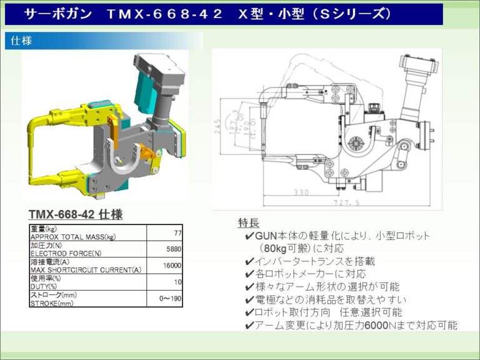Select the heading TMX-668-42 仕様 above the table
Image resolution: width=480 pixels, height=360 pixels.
pyautogui.click(x=76, y=214)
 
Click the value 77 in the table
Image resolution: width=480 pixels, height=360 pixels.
pyautogui.click(x=177, y=232)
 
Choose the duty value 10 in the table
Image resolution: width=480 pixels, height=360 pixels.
pyautogui.click(x=177, y=282)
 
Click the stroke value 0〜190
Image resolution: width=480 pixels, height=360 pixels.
pyautogui.click(x=170, y=298)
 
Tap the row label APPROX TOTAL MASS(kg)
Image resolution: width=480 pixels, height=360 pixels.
pyautogui.click(x=73, y=237)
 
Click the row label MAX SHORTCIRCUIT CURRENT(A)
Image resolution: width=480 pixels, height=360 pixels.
pyautogui.click(x=86, y=269)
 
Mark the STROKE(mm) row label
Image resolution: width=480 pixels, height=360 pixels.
pyautogui.click(x=52, y=302)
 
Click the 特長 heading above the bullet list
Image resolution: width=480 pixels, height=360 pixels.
pyautogui.click(x=248, y=223)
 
